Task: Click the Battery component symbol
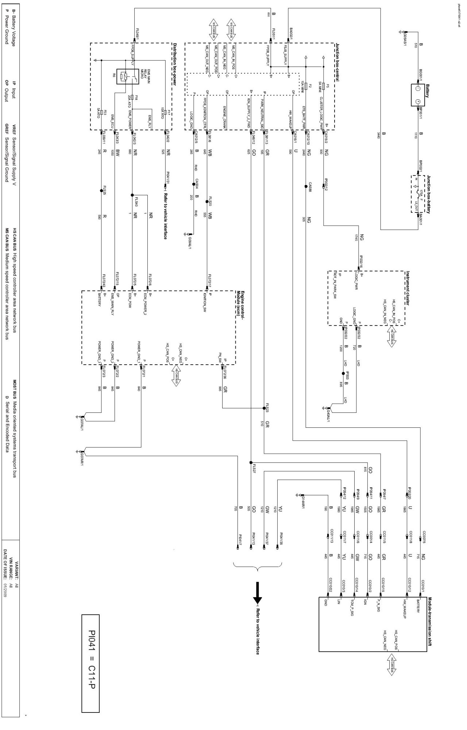point(418,95)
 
